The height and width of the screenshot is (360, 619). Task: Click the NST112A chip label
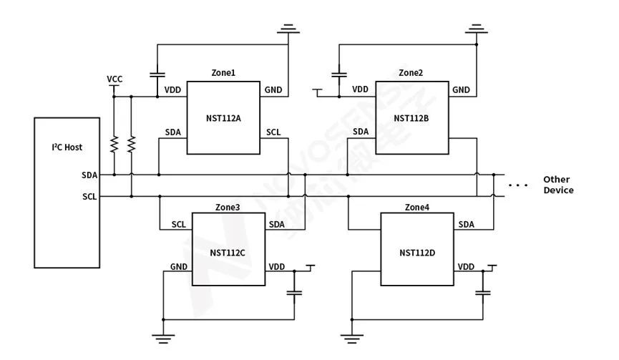(x=223, y=118)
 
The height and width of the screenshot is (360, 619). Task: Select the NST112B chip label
(x=411, y=118)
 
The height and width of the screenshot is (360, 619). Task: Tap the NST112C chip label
(x=227, y=252)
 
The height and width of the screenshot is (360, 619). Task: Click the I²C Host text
(x=67, y=147)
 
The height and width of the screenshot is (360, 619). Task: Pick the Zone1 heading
(x=223, y=73)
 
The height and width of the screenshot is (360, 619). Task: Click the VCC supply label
(x=114, y=79)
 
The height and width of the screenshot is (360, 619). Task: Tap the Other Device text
(x=558, y=185)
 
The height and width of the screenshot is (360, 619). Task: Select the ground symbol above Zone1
(x=289, y=29)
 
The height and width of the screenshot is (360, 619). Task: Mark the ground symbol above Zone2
(x=476, y=29)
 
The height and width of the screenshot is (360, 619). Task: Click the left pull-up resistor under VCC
(x=114, y=144)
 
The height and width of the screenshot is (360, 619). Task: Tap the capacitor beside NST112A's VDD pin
(x=157, y=74)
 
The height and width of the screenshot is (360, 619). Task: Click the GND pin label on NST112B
(x=461, y=90)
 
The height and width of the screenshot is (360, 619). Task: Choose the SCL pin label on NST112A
(x=273, y=132)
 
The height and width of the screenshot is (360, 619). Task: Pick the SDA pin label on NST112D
(x=466, y=225)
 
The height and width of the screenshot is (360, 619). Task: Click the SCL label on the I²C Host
(x=89, y=197)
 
